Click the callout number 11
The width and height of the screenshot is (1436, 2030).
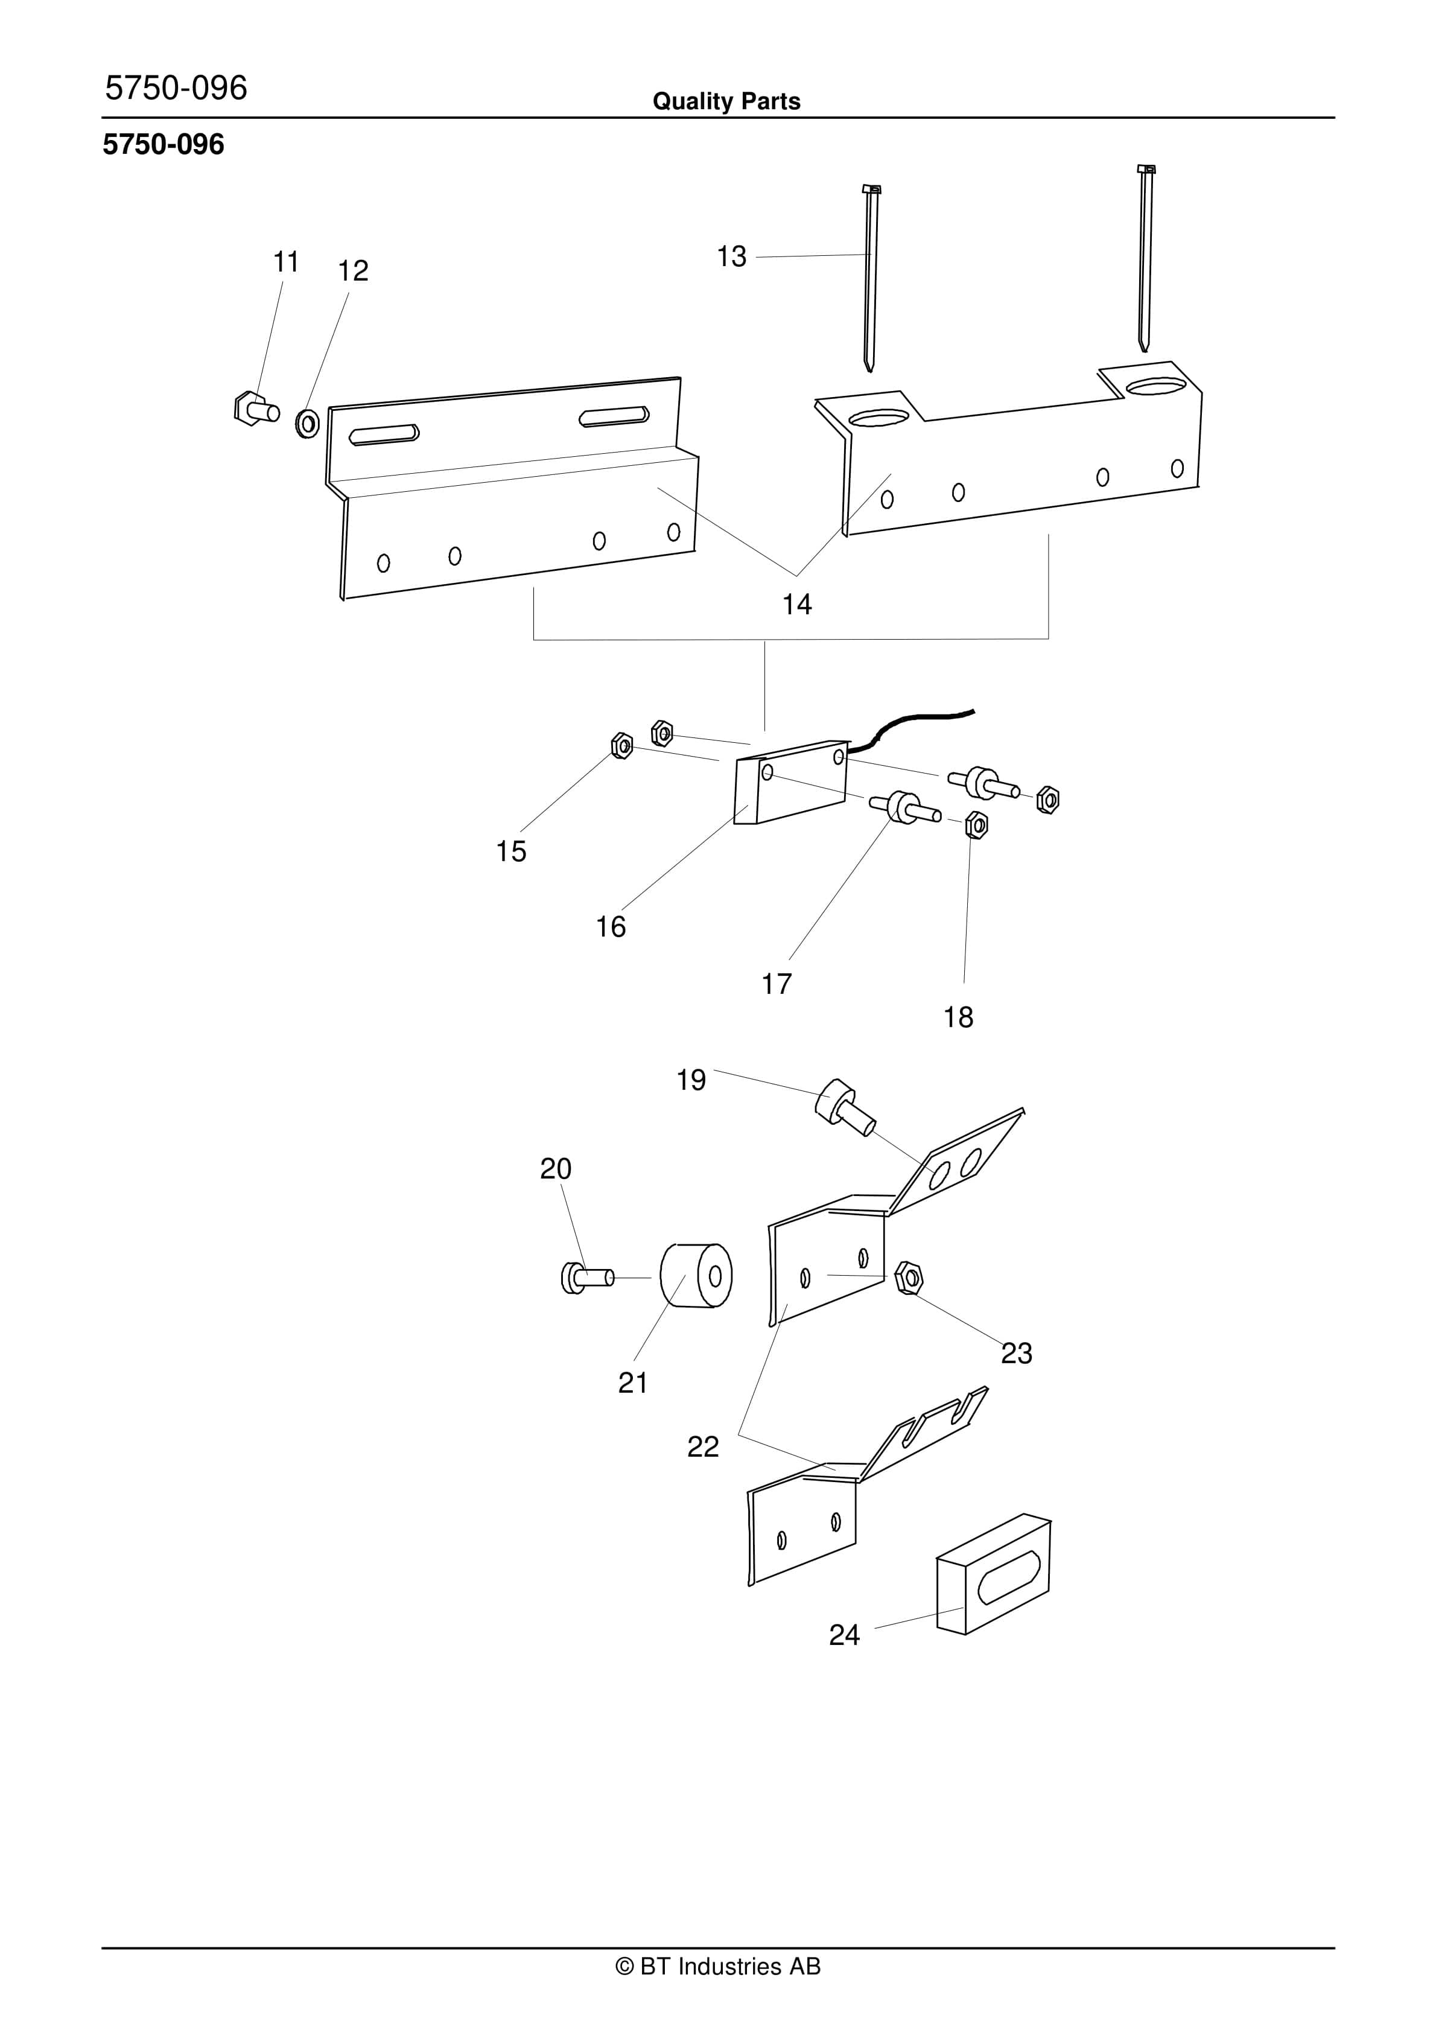click(285, 262)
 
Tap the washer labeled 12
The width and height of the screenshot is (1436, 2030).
click(308, 424)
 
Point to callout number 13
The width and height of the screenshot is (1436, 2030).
click(731, 256)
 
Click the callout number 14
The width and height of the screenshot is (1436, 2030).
click(796, 604)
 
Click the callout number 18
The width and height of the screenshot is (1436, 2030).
click(958, 1017)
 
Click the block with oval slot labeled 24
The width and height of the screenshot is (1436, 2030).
click(994, 1576)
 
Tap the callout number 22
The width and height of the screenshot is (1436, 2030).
click(703, 1446)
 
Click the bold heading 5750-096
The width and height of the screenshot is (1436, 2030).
click(164, 144)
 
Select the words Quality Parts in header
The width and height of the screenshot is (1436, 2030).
click(726, 101)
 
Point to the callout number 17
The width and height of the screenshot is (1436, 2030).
click(777, 984)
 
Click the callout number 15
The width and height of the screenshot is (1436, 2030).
click(511, 851)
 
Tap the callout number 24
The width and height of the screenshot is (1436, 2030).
click(843, 1635)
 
